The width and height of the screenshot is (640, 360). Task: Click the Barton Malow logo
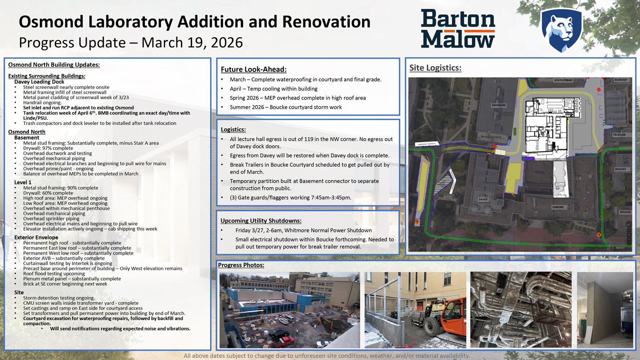pos(458,29)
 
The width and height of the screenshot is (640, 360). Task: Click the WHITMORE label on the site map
pos(499,105)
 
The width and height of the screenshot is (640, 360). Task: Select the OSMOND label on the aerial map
pos(558,207)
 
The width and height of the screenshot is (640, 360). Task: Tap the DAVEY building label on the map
pos(483,200)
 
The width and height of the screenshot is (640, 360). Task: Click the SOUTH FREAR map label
pos(563,80)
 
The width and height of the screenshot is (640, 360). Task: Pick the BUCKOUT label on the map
pos(621,80)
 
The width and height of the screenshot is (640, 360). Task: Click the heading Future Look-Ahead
pos(253,69)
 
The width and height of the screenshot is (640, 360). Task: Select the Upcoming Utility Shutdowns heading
pos(261,220)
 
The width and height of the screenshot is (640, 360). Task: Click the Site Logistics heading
pos(435,68)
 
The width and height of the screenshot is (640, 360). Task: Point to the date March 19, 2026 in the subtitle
pos(192,42)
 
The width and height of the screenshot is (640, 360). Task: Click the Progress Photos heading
pos(241,265)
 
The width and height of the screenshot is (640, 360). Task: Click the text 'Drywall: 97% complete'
pos(48,148)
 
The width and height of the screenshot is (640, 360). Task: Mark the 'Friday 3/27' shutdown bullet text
pos(303,230)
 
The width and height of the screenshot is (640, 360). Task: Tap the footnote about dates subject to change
pos(327,356)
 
